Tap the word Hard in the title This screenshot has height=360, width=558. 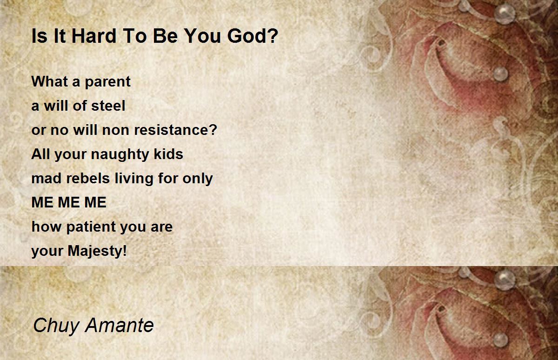coord(94,36)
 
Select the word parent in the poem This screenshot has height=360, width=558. coord(107,82)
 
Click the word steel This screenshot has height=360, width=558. coord(108,106)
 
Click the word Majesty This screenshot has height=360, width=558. coord(95,251)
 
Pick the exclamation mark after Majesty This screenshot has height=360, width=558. coord(125,251)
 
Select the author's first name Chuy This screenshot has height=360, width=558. coord(56,326)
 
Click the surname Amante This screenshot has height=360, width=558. coord(120,325)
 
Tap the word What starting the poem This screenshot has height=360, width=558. coord(50,81)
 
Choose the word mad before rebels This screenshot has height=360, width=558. coord(46,178)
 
